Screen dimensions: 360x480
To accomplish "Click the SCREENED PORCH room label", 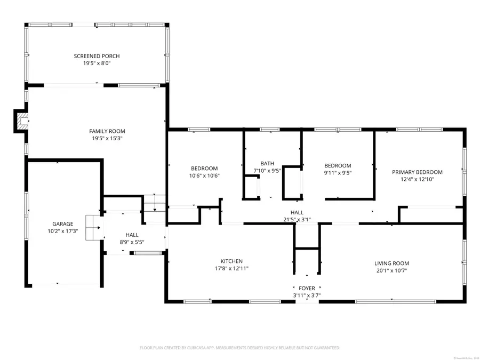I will click(x=97, y=56).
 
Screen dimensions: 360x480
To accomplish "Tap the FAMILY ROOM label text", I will click(x=107, y=131).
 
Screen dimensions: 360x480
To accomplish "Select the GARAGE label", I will click(x=62, y=224).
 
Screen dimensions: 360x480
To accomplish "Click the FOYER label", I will click(x=307, y=288).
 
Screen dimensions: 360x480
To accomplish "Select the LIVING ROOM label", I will click(x=391, y=263).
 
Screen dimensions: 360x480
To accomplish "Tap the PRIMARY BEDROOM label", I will click(x=417, y=172).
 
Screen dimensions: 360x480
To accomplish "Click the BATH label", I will click(x=267, y=164).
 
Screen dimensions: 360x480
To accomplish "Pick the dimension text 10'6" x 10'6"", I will click(x=204, y=175).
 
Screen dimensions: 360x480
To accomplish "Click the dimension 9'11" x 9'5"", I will click(x=338, y=173).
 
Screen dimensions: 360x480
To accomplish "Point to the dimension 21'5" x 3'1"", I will click(x=297, y=219).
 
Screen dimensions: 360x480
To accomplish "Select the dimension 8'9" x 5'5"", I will click(x=132, y=242).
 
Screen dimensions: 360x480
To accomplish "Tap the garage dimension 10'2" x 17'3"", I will click(x=62, y=231).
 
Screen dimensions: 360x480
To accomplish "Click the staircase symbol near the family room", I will click(x=155, y=203).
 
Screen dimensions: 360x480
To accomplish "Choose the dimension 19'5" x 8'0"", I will click(x=97, y=63).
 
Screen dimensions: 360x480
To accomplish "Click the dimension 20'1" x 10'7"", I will click(x=391, y=270).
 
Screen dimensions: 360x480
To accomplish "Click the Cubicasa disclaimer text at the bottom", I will click(x=239, y=348).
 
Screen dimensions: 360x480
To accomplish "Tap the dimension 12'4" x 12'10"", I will click(x=417, y=179).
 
